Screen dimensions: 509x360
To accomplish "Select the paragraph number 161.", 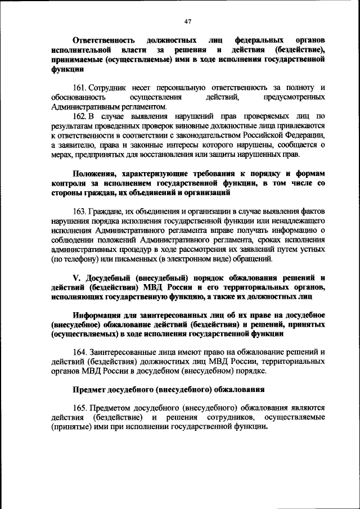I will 80,88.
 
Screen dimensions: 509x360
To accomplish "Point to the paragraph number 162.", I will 80,115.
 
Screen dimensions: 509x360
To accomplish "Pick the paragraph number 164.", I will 80,352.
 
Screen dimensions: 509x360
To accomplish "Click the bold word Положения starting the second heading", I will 97,173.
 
